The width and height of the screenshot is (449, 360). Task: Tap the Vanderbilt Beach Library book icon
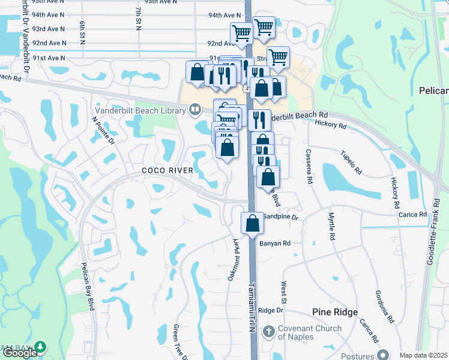[194, 110]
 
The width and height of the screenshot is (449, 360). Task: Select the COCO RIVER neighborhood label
[167, 170]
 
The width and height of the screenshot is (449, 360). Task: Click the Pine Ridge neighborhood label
[335, 312]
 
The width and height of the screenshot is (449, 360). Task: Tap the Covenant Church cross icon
[269, 331]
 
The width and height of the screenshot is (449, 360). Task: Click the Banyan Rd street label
[275, 243]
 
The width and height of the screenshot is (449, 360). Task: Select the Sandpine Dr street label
[281, 216]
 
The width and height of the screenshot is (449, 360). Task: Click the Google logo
[19, 353]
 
